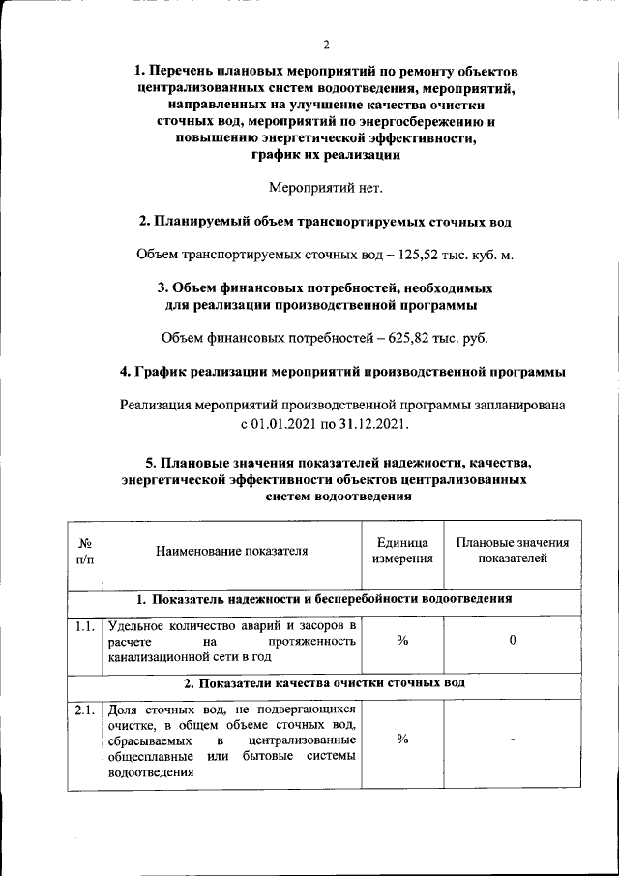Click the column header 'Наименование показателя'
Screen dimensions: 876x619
(231, 551)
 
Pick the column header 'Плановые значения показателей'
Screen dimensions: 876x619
(513, 551)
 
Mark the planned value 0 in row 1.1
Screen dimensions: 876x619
(513, 641)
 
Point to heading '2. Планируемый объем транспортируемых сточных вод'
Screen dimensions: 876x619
(325, 222)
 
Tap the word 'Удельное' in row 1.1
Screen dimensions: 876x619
(138, 626)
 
